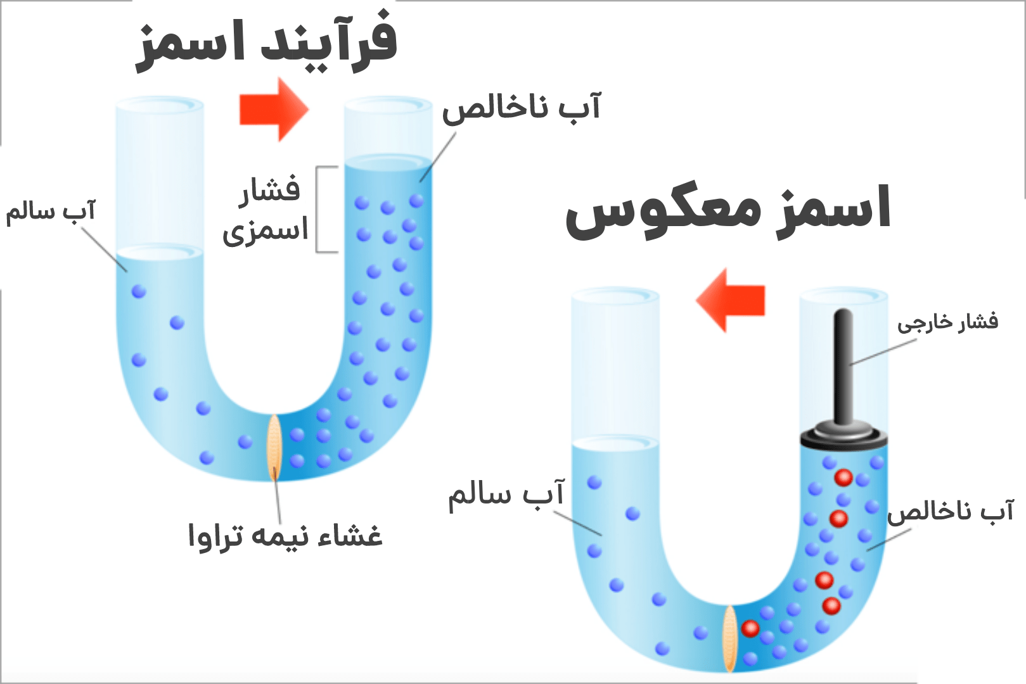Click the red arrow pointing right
(x=274, y=110)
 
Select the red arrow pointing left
(x=731, y=300)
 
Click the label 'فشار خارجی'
(x=947, y=322)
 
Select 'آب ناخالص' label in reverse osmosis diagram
(x=951, y=510)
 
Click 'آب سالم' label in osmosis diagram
(x=50, y=211)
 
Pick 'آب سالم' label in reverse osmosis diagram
(x=506, y=495)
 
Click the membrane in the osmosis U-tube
(x=274, y=446)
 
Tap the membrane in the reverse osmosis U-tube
(x=730, y=638)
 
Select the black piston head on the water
(x=843, y=438)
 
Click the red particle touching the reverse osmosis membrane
(x=750, y=628)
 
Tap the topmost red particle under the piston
(x=843, y=477)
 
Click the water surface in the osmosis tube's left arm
(x=160, y=253)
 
